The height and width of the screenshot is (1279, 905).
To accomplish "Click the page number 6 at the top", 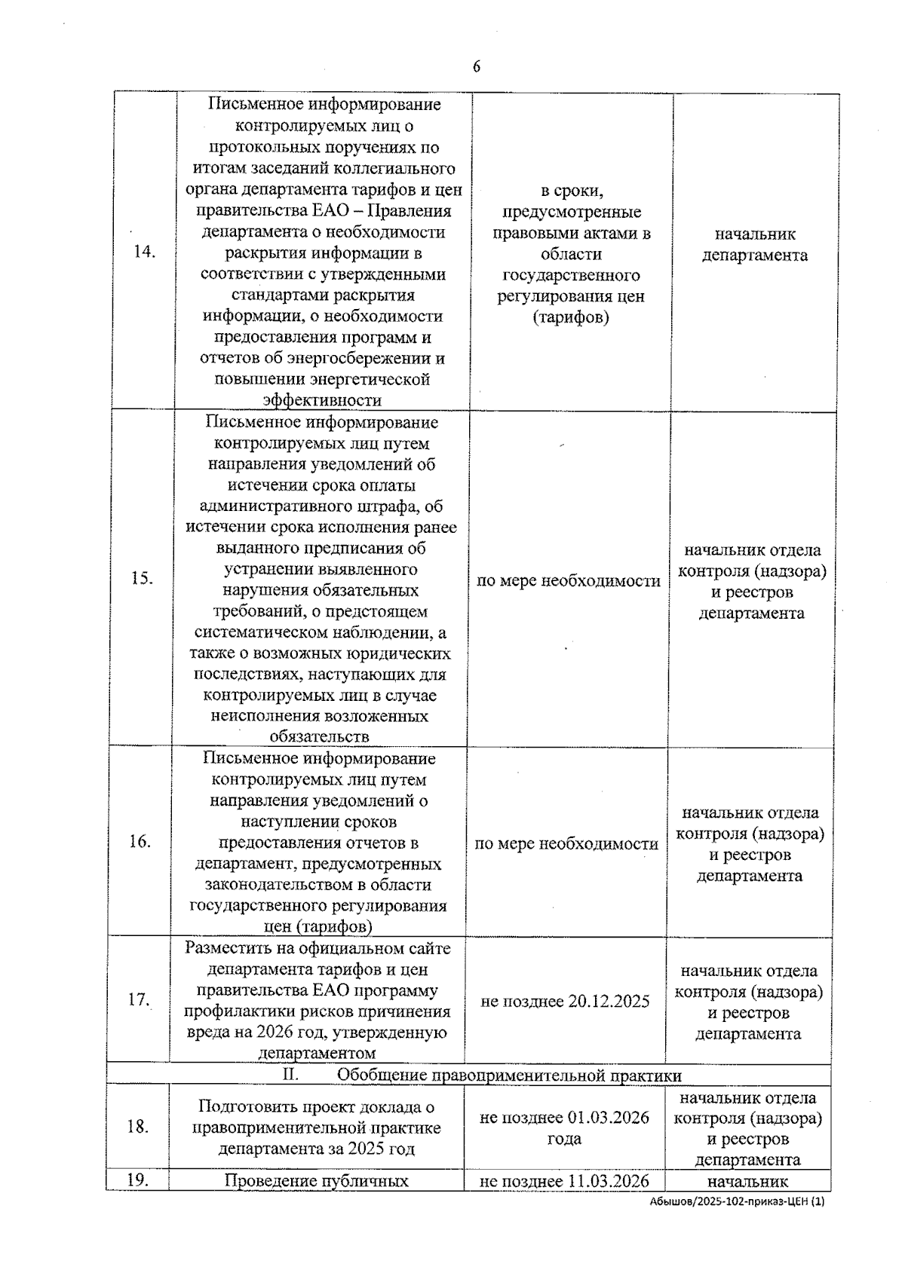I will point(477,67).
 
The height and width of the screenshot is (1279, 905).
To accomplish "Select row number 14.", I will point(144,252).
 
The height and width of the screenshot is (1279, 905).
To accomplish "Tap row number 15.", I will point(142,578).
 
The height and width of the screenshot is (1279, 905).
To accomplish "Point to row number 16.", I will point(140,842).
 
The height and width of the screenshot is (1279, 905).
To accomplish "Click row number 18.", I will point(137,1127).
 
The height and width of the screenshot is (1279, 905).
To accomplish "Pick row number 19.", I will point(137,1180).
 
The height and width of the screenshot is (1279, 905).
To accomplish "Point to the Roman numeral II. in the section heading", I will point(290,1074).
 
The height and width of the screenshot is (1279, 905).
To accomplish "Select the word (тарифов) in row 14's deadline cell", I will point(571,317).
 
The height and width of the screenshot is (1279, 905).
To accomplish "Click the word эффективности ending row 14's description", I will point(322,400).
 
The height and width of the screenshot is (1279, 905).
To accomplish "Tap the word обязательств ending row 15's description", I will point(320,736).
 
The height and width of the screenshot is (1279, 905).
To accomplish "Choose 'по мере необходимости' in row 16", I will point(566,843).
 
